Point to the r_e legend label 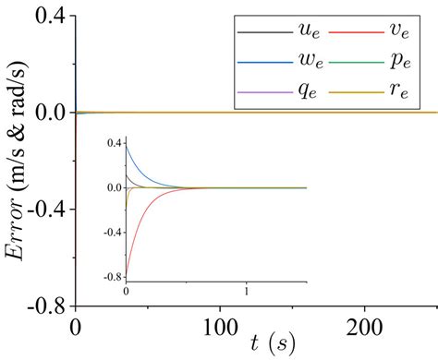pos(398,92)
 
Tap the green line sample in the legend pos(355,63)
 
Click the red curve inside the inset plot pos(139,231)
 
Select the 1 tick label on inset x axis pos(248,291)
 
